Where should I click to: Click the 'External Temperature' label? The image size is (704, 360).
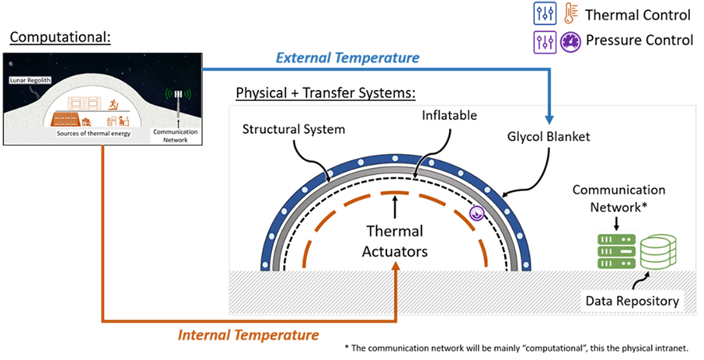click(347, 58)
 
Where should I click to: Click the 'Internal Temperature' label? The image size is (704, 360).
click(248, 335)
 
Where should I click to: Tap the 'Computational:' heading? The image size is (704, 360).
click(60, 38)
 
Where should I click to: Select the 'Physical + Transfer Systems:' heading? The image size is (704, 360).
click(325, 93)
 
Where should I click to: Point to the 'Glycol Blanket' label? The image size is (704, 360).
click(548, 137)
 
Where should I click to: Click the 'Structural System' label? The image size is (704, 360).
click(293, 129)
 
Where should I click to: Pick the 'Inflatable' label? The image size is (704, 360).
click(449, 116)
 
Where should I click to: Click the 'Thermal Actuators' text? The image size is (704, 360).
click(395, 241)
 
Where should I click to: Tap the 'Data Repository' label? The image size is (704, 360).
click(632, 301)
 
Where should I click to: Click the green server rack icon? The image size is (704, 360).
click(616, 251)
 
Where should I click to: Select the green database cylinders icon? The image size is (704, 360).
click(658, 251)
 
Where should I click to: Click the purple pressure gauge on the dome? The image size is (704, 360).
click(476, 214)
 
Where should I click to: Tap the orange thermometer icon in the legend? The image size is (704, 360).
click(571, 13)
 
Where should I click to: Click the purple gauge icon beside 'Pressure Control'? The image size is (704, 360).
click(571, 41)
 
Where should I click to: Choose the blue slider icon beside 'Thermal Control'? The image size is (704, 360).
click(544, 13)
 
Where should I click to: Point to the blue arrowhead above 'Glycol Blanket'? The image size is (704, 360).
click(548, 119)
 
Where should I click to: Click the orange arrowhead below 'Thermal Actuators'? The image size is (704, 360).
click(396, 265)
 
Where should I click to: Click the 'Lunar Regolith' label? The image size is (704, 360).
click(30, 80)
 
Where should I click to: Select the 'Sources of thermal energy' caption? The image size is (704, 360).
click(93, 134)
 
